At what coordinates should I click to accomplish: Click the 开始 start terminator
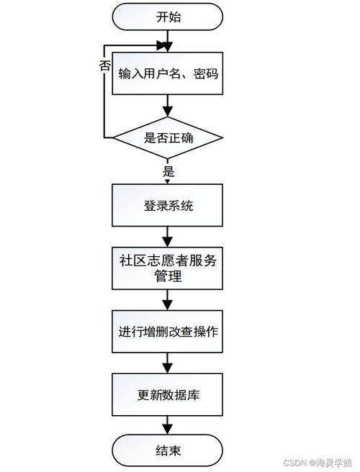168,17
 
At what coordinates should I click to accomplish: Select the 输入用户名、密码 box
168,73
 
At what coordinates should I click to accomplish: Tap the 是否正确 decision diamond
168,137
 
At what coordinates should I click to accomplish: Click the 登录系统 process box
168,205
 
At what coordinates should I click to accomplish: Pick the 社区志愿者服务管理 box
168,268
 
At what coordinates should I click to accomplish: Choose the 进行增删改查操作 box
168,332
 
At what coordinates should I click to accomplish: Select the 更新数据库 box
168,394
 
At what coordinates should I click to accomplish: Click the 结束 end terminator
168,451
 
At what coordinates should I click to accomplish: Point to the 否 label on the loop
104,65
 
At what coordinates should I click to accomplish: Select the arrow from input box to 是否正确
168,106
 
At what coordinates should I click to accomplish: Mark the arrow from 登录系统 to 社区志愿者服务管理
168,235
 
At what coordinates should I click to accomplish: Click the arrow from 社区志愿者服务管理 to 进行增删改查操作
168,299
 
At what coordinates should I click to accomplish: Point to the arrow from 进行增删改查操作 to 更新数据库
168,363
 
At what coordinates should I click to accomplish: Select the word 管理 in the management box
168,276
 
